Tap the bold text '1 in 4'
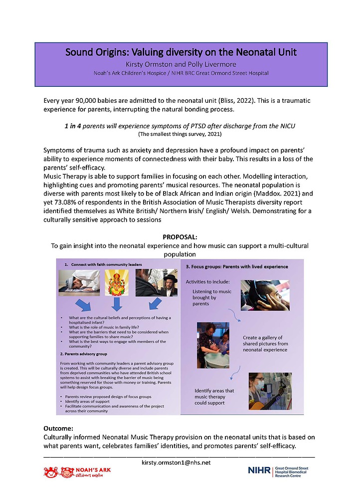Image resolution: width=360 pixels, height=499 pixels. click(75, 126)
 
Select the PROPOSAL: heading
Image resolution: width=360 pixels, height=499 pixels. click(180, 237)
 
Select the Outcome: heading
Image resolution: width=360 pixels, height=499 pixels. click(59, 428)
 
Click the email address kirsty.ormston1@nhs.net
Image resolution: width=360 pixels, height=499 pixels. click(180, 462)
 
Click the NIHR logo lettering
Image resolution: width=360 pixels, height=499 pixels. click(259, 471)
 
